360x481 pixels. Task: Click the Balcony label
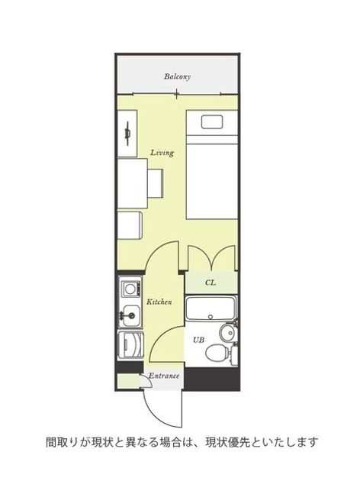(x=177, y=76)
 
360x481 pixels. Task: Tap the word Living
(x=162, y=153)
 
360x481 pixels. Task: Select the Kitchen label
(x=159, y=302)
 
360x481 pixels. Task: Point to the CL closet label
(x=211, y=282)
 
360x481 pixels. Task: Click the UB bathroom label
(x=198, y=340)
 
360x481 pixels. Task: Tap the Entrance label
(x=164, y=376)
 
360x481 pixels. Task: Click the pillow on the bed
(x=212, y=122)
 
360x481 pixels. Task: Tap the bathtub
(x=211, y=308)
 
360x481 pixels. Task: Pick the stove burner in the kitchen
(x=131, y=289)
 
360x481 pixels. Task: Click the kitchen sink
(x=132, y=315)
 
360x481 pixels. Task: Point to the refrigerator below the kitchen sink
(x=131, y=345)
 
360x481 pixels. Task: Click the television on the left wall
(x=128, y=134)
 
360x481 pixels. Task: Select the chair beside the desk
(x=155, y=183)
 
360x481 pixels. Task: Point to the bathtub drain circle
(x=211, y=317)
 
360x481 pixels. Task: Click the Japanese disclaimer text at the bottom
(x=182, y=442)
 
